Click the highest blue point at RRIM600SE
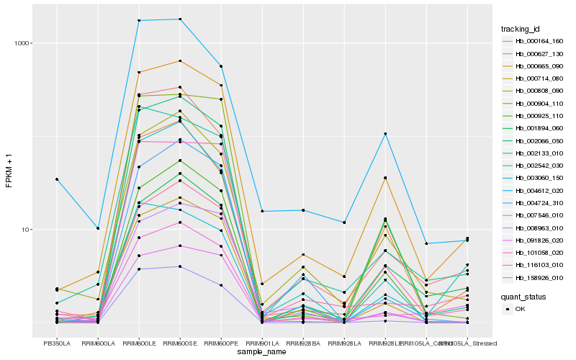pyautogui.click(x=180, y=19)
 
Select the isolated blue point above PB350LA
pyautogui.click(x=56, y=179)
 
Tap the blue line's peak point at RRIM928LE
pyautogui.click(x=385, y=134)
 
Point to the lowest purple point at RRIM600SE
pyautogui.click(x=180, y=266)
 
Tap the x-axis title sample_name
pyautogui.click(x=262, y=352)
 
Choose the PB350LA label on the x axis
pyautogui.click(x=57, y=343)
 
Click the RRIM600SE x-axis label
pyautogui.click(x=180, y=343)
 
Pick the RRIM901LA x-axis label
pyautogui.click(x=262, y=343)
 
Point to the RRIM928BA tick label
pyautogui.click(x=303, y=343)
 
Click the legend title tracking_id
pyautogui.click(x=521, y=29)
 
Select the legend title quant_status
pyautogui.click(x=522, y=296)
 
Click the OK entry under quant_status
pyautogui.click(x=521, y=308)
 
